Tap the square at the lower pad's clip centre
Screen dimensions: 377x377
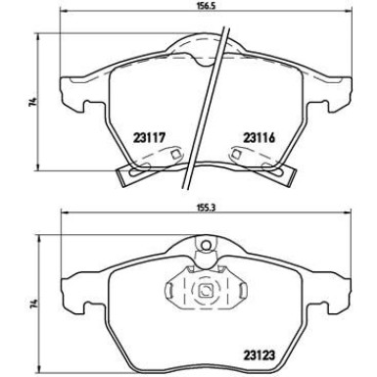click(206, 290)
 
